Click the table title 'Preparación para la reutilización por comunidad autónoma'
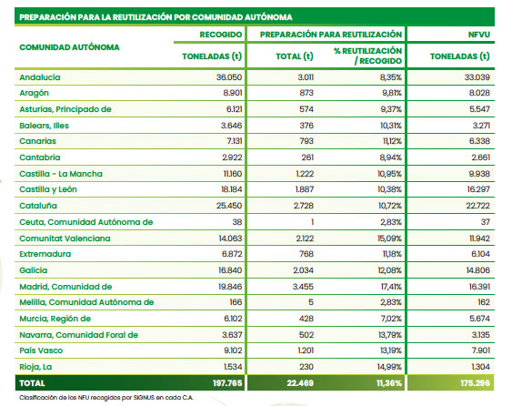156,17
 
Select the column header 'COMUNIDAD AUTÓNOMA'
69,47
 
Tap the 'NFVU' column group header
479,35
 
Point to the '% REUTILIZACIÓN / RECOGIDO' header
367,56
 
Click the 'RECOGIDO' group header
221,35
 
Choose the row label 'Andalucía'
40,77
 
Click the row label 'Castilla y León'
48,189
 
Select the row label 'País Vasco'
41,350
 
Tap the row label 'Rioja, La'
35,367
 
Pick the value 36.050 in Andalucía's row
229,77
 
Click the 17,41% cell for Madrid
391,287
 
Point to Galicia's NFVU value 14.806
479,270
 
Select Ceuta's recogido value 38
237,222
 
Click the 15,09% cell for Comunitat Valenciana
389,239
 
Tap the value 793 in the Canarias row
306,141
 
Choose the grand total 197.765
227,383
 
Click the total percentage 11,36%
389,383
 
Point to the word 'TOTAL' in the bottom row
32,383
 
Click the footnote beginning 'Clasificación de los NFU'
106,398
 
